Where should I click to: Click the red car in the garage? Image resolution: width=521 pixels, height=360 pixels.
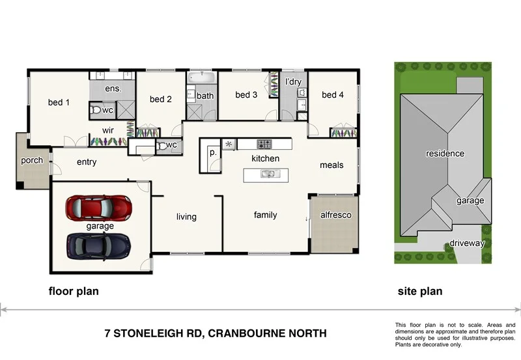pos(99,208)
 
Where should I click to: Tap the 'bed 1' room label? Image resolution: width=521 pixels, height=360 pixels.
pos(59,102)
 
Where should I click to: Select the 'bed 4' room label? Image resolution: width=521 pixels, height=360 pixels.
pos(332,95)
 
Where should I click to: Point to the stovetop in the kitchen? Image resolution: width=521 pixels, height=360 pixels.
pos(264,144)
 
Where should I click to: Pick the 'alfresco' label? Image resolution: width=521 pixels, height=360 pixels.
pos(335,215)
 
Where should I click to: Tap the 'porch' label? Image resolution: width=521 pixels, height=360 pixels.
pos(32,160)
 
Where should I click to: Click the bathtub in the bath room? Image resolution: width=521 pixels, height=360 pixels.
pos(202,79)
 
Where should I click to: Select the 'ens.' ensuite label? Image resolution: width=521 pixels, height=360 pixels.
pos(113,89)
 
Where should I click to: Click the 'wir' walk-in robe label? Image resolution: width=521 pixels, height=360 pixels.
pos(107,130)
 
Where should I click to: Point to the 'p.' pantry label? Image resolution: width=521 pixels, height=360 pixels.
pos(212,152)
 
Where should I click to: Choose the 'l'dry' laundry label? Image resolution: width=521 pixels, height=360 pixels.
pos(293,82)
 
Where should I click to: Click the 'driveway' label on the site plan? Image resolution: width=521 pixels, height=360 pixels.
pos(467,243)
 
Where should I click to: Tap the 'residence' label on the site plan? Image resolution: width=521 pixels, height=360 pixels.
pos(445,154)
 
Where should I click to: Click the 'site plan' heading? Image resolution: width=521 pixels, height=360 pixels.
pos(419,292)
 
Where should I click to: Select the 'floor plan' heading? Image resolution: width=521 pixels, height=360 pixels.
pos(74,292)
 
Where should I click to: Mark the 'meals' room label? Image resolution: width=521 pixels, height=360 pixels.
pos(331,165)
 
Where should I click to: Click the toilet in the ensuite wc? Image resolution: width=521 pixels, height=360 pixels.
pos(96,111)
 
